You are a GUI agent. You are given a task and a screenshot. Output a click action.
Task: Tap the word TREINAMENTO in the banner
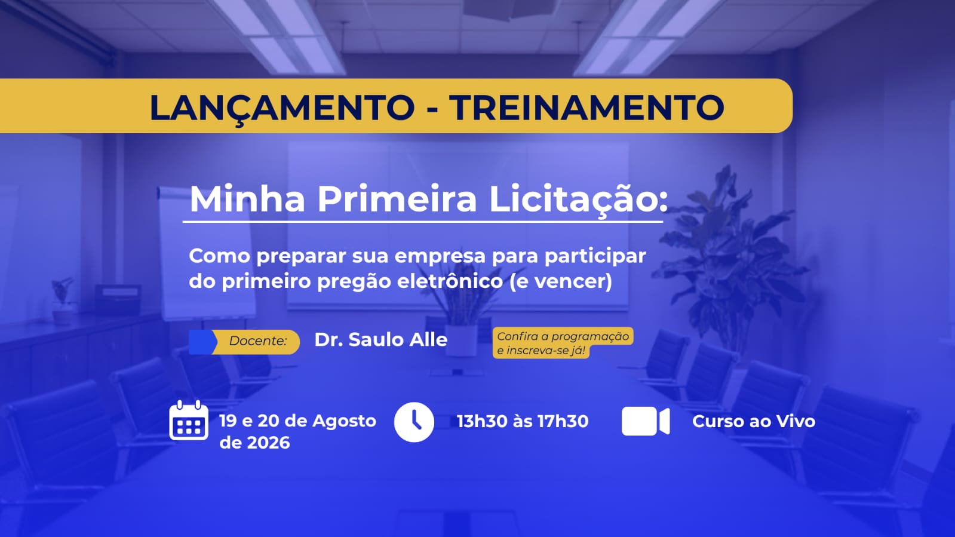point(586,107)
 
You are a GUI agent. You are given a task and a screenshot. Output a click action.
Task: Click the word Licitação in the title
point(578,200)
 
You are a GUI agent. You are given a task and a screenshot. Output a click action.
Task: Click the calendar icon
point(189,420)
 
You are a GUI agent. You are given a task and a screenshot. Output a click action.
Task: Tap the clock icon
point(414,422)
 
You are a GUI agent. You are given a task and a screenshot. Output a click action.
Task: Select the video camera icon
point(646,421)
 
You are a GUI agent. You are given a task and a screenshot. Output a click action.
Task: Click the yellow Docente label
point(256,342)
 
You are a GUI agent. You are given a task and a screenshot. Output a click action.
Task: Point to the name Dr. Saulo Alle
point(380,340)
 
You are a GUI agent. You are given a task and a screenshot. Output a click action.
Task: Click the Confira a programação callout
point(563,343)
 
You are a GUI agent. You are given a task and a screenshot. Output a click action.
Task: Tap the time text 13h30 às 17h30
point(523,421)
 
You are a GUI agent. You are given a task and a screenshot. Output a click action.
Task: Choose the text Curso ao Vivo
point(754,421)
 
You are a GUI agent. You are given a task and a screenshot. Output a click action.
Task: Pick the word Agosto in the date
point(345,421)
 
